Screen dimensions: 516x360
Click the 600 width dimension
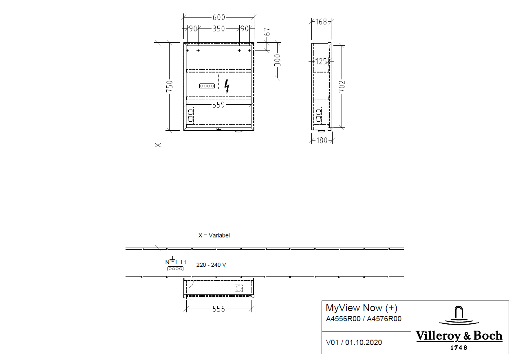[x=218, y=17]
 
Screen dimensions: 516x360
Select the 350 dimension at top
[x=218, y=29]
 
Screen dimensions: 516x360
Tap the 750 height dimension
[x=170, y=86]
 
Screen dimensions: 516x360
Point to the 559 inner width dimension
[x=218, y=105]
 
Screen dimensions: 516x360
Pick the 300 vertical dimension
[x=278, y=60]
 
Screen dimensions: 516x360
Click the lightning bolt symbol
[x=227, y=86]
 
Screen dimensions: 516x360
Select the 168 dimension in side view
[x=321, y=22]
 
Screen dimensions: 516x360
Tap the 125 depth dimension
[x=321, y=61]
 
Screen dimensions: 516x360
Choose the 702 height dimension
[x=342, y=86]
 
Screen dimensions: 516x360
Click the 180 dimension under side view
[x=322, y=140]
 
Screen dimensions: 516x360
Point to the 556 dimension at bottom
[x=218, y=309]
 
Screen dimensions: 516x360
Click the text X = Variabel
[x=214, y=235]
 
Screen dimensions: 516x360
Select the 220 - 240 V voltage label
[x=211, y=265]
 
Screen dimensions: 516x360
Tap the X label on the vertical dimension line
[x=158, y=145]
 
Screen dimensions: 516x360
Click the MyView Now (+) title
[x=362, y=308]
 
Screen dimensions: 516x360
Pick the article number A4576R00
[x=384, y=319]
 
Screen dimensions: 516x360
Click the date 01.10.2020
[x=364, y=342]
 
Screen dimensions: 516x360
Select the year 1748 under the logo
[x=459, y=347]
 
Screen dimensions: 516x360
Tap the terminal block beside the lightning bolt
[x=207, y=86]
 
